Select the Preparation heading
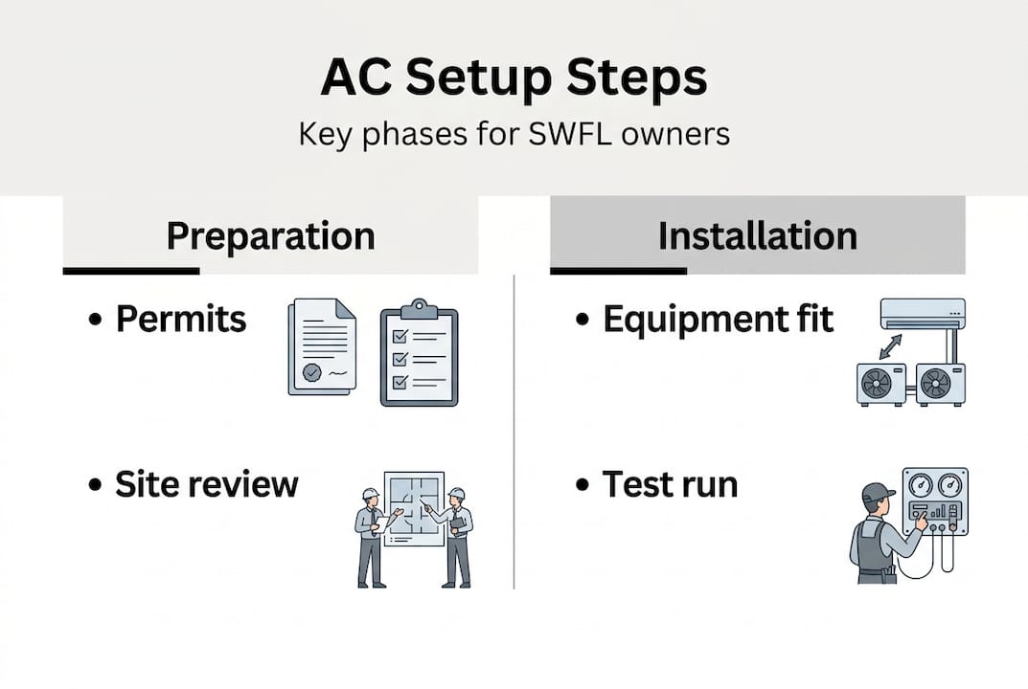270,235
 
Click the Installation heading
757,235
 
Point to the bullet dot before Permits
95,322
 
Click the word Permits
181,320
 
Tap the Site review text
207,484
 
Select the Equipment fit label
718,320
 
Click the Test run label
670,484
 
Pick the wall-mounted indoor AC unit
922,312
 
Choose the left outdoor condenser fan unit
880,383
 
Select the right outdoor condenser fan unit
939,383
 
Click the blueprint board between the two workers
414,507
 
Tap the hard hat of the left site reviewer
370,495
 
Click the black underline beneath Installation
618,271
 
